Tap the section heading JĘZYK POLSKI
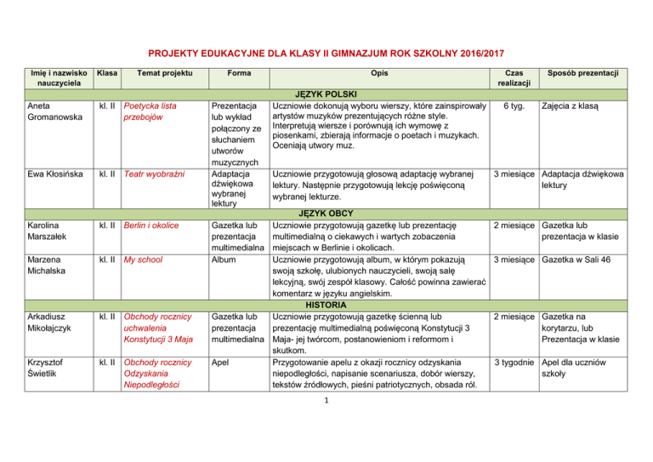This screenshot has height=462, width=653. (x=327, y=93)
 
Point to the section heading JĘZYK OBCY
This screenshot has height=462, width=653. (x=327, y=213)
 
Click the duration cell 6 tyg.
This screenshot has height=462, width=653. (x=513, y=106)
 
